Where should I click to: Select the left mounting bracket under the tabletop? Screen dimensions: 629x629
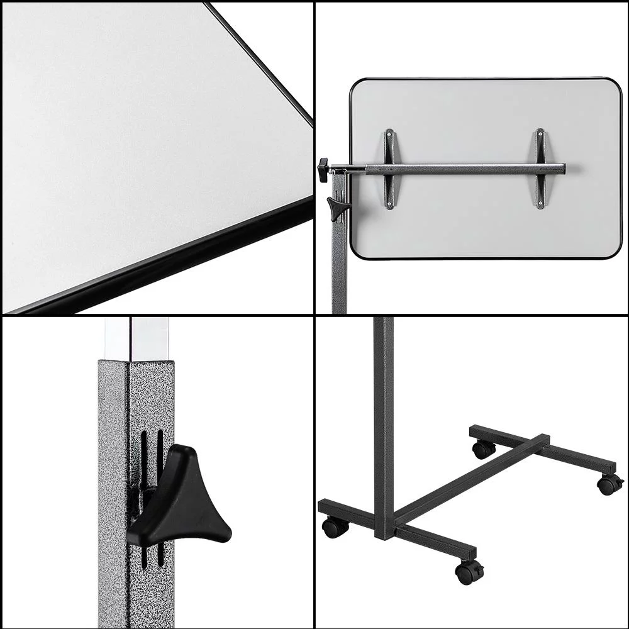coord(389,169)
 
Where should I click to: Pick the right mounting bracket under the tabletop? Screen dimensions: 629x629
coord(540,169)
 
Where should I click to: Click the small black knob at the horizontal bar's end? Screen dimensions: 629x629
coord(323,169)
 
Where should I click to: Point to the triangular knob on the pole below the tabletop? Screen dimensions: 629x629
coord(337,207)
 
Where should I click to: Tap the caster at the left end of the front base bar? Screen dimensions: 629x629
coord(335,527)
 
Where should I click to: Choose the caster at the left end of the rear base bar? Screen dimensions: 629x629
coord(483,448)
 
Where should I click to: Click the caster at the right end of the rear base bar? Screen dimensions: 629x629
coord(609,484)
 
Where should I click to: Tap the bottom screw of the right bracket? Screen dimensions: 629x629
coord(540,204)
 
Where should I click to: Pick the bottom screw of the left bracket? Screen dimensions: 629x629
coord(389,204)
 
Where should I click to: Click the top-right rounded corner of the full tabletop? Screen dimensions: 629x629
coord(614,86)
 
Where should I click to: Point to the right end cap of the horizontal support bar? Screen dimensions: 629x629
coord(562,169)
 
